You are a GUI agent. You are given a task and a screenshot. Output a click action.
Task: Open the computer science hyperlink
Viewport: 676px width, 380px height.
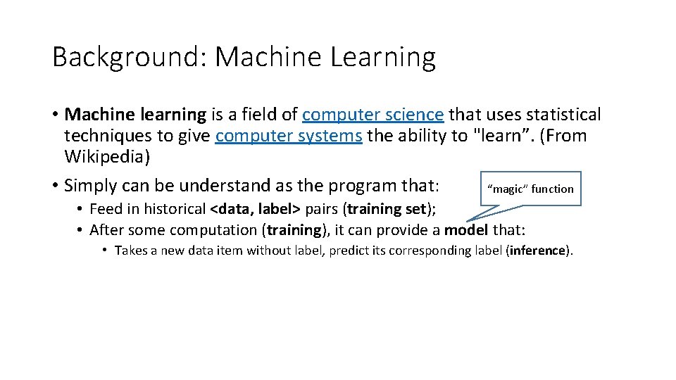(x=373, y=115)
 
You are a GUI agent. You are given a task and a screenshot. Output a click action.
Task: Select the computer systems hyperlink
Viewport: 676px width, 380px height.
(x=289, y=136)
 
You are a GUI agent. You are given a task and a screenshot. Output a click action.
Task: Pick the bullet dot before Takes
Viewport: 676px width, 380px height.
(x=104, y=251)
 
